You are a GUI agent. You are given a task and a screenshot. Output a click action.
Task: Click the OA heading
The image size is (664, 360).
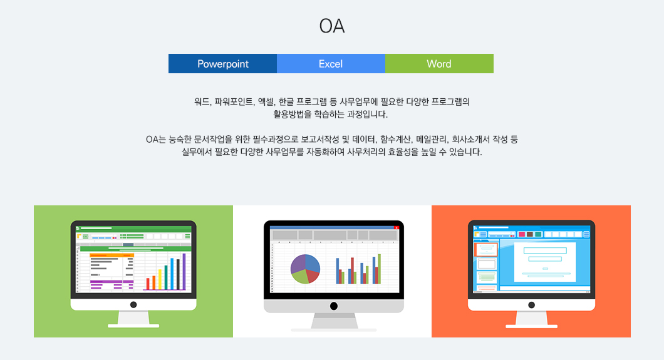[x=331, y=26]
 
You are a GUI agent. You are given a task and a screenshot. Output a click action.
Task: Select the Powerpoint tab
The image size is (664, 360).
[x=223, y=63]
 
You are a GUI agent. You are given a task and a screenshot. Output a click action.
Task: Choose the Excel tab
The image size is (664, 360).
[x=331, y=63]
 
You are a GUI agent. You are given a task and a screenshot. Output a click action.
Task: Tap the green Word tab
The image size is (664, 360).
[x=439, y=63]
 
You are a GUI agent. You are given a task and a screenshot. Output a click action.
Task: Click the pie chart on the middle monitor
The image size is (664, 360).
[x=305, y=269]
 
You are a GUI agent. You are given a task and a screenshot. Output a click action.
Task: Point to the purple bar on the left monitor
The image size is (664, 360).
[x=184, y=272]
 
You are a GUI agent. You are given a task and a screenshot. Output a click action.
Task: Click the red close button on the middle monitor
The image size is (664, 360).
[x=397, y=228]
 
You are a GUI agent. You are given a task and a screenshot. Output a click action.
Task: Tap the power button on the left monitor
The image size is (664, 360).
[x=133, y=304]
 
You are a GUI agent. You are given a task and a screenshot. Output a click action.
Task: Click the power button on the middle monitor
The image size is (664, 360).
[x=334, y=306]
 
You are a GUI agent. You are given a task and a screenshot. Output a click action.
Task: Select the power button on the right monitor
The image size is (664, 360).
[x=531, y=305]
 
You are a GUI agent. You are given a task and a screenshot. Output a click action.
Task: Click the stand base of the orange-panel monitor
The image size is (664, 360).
[x=531, y=326]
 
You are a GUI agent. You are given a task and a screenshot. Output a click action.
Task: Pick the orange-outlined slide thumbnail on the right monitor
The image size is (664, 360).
[x=486, y=250]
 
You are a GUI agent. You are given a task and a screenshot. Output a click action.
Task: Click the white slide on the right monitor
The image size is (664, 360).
[x=545, y=262]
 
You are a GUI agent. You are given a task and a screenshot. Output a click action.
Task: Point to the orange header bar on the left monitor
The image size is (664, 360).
[x=112, y=255]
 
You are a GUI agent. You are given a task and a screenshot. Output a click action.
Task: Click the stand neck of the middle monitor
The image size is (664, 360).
[x=334, y=321]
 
